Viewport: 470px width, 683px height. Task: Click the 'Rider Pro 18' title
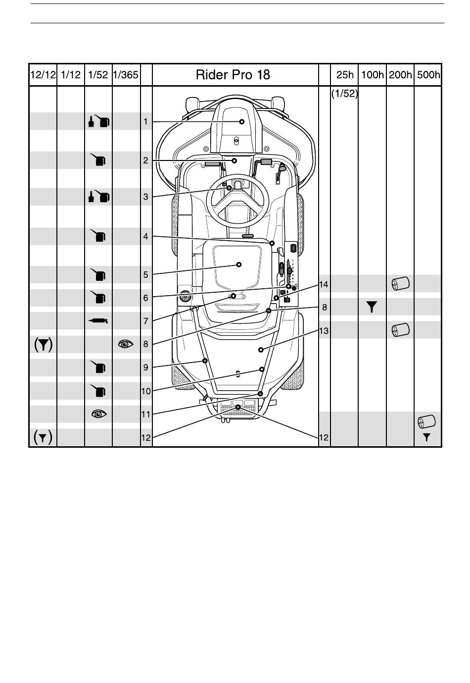pyautogui.click(x=233, y=75)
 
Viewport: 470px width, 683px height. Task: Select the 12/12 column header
pyautogui.click(x=43, y=75)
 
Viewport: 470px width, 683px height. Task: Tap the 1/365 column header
pyautogui.click(x=126, y=75)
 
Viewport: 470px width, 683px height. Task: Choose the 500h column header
pyautogui.click(x=428, y=75)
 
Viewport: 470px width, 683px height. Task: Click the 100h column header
pyautogui.click(x=372, y=75)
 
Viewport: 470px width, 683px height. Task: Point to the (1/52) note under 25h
pyautogui.click(x=344, y=94)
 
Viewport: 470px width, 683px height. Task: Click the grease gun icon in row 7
pyautogui.click(x=98, y=320)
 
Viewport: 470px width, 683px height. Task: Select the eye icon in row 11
pyautogui.click(x=99, y=414)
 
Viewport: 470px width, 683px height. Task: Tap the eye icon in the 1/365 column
pyautogui.click(x=126, y=344)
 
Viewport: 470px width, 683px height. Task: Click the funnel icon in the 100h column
pyautogui.click(x=372, y=307)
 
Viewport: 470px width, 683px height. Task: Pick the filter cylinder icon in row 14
pyautogui.click(x=400, y=284)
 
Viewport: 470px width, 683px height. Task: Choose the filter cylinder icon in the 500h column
pyautogui.click(x=426, y=421)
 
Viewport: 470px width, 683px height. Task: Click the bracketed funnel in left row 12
pyautogui.click(x=43, y=438)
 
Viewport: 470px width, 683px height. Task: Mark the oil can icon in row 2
pyautogui.click(x=98, y=160)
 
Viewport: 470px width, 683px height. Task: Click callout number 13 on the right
pyautogui.click(x=324, y=331)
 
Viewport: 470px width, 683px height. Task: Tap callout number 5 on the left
pyautogui.click(x=145, y=275)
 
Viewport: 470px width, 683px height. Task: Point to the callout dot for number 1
pyautogui.click(x=242, y=122)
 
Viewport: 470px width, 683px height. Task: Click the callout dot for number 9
pyautogui.click(x=205, y=361)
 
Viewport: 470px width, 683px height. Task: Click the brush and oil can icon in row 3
pyautogui.click(x=98, y=197)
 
